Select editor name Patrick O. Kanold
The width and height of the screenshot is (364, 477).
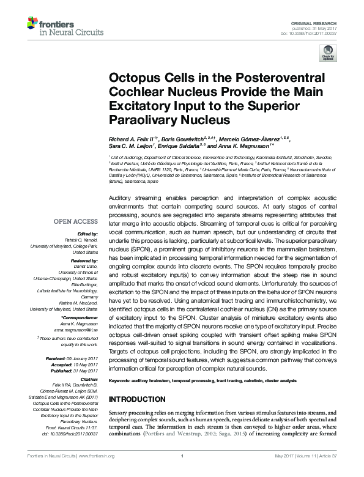(83, 240)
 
